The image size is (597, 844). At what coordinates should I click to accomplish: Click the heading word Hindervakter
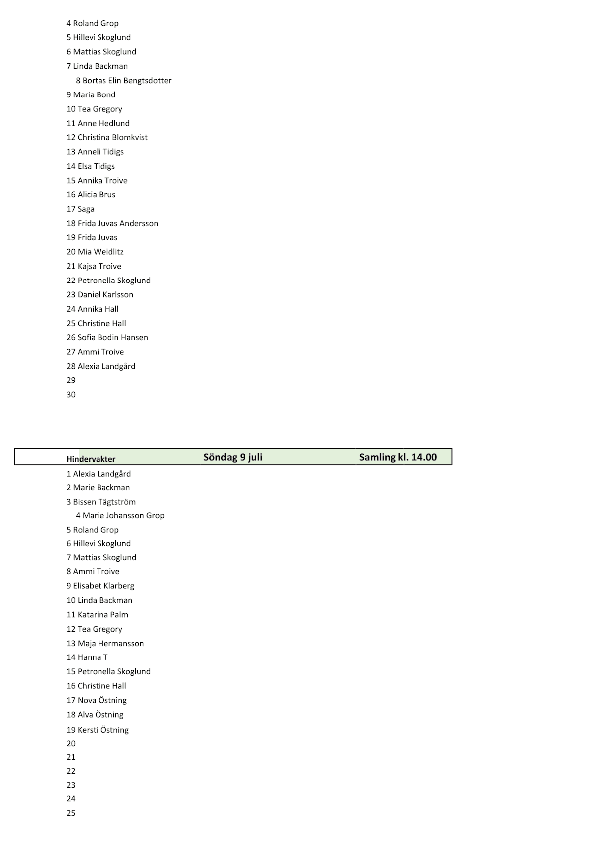coord(91,459)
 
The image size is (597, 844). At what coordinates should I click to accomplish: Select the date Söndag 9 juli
coord(233,457)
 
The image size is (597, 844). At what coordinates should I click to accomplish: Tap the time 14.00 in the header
coord(424,457)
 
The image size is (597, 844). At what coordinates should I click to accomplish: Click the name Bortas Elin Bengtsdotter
coord(127,81)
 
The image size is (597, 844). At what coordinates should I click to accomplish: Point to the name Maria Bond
coord(95,95)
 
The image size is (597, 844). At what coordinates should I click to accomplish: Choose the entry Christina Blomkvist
coord(112,138)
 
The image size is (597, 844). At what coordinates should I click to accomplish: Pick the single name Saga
coord(86,209)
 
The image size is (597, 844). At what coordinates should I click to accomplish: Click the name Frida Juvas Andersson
coord(118,224)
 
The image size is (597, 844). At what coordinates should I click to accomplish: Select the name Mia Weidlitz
coord(100,252)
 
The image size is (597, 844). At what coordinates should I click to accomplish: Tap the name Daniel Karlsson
coord(105,295)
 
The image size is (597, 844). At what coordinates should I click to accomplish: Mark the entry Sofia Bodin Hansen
coord(113,338)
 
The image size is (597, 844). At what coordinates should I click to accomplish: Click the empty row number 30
coord(71,395)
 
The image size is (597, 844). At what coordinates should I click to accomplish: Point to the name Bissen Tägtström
coord(104,502)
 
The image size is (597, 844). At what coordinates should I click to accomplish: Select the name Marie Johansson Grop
coord(123,516)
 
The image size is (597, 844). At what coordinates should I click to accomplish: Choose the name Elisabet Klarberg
coord(104,586)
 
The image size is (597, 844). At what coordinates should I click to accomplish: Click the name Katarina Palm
coord(103,615)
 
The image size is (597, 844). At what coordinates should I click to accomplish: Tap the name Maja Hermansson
coord(111,644)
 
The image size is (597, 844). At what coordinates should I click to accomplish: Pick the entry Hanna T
coord(93,657)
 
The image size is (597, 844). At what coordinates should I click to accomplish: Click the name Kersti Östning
coord(103,730)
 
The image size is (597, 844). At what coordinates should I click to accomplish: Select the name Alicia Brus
coord(97,195)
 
